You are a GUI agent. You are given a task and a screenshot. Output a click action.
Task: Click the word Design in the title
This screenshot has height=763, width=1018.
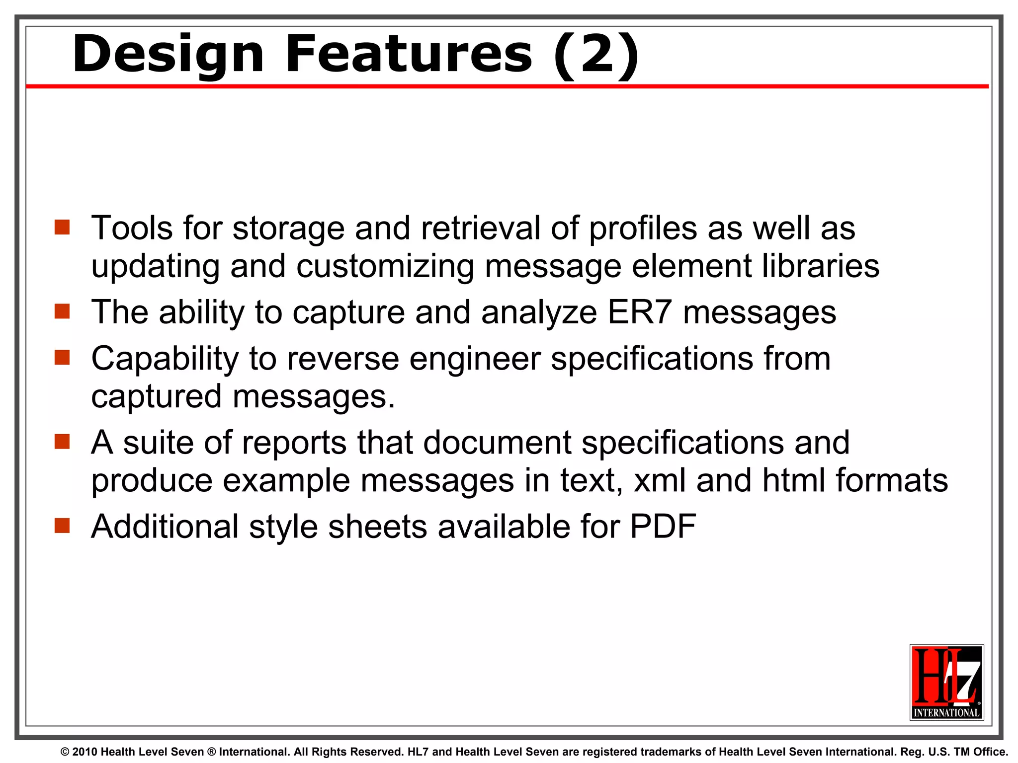click(x=168, y=55)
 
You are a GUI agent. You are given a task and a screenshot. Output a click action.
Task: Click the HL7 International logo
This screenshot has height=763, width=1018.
click(x=946, y=682)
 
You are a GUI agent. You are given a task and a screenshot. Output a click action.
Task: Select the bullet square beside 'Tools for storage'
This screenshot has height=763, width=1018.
click(x=62, y=228)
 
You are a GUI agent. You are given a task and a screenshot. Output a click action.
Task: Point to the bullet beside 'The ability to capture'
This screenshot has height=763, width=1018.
click(x=62, y=311)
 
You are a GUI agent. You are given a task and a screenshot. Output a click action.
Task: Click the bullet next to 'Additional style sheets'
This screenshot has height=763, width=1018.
click(x=62, y=526)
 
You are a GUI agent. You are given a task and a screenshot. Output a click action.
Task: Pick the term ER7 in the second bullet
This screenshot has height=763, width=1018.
click(x=640, y=312)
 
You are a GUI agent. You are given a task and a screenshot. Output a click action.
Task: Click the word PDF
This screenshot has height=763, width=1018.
click(x=663, y=526)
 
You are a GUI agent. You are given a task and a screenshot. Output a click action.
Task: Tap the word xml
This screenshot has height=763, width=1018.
click(x=660, y=480)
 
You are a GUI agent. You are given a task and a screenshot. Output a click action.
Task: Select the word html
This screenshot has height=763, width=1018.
click(x=794, y=480)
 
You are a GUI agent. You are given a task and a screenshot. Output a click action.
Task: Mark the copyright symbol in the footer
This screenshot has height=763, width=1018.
click(x=65, y=752)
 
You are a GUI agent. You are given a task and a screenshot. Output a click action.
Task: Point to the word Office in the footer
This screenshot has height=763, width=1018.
click(x=991, y=752)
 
